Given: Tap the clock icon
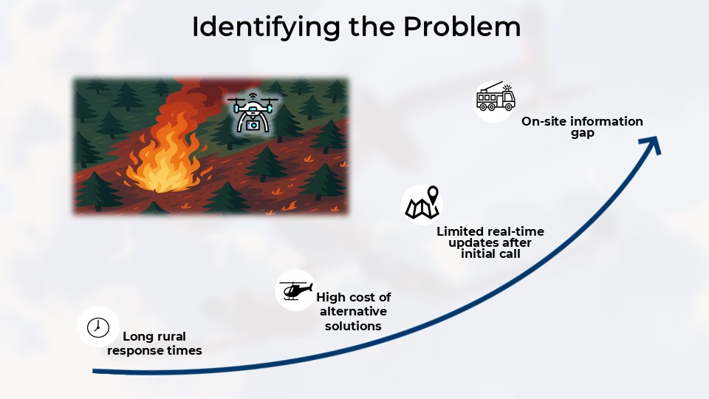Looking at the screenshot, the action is click(x=97, y=327).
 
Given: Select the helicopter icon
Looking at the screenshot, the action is click(x=295, y=290).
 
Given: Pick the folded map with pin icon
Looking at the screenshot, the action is click(x=421, y=204).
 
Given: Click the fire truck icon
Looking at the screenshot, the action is click(x=495, y=99).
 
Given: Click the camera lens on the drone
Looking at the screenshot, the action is click(x=253, y=125).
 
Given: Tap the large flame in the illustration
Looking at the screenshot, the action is click(x=161, y=155).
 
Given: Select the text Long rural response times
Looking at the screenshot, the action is click(x=154, y=344).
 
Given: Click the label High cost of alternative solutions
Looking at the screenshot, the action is click(x=353, y=311).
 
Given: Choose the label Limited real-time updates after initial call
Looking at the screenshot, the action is click(x=479, y=242).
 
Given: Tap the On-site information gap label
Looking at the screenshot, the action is click(x=582, y=127).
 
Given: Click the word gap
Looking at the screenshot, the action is click(x=582, y=134).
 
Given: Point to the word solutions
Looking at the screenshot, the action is click(x=353, y=326).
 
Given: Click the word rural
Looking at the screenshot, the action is click(x=173, y=337).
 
